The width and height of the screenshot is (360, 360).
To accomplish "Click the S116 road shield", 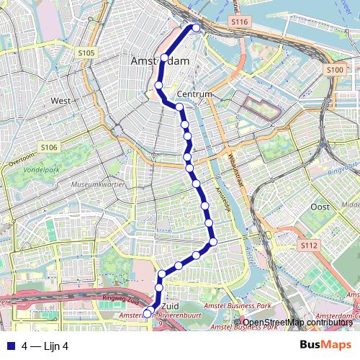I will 240,23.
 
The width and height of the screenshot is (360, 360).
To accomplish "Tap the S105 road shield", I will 86,53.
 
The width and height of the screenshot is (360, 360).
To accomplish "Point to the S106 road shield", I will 48,148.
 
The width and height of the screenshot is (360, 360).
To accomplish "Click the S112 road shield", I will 308,246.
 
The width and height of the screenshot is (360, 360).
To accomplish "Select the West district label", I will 60,102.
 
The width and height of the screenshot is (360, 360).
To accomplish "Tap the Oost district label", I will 320,207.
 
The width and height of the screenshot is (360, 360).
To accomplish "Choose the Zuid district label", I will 171,305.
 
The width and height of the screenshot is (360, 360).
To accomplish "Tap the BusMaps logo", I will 326,345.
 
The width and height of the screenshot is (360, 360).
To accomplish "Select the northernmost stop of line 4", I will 195,28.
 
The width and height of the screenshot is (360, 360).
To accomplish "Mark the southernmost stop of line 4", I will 147,313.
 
